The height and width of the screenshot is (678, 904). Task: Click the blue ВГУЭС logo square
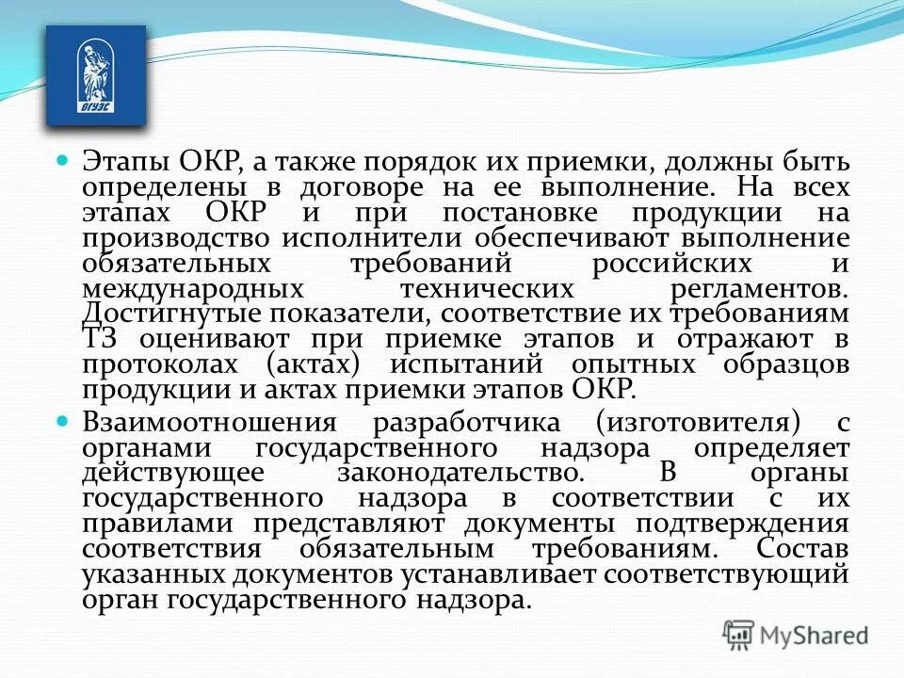tap(96, 76)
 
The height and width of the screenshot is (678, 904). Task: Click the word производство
tap(169, 238)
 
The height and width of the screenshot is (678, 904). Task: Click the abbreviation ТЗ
tap(99, 340)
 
